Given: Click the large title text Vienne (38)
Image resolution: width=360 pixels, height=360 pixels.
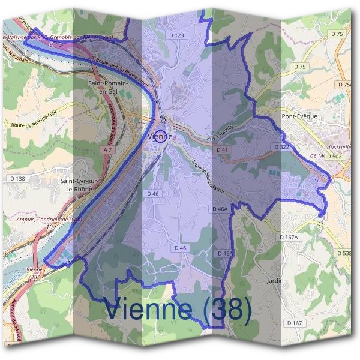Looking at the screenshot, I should click(x=177, y=310).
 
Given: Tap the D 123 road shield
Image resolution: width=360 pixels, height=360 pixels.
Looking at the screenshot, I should click(x=177, y=36).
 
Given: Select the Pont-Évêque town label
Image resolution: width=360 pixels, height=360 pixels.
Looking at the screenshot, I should click(x=299, y=116).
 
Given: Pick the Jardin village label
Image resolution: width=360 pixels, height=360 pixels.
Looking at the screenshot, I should click(x=275, y=280).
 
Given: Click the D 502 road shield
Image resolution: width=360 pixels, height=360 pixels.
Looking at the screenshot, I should click(x=335, y=156).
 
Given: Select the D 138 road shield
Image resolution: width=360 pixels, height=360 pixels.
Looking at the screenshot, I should click(x=18, y=178).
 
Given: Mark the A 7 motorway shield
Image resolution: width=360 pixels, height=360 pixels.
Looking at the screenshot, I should click(x=108, y=149).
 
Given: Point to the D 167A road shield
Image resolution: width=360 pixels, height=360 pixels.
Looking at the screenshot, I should click(x=289, y=238).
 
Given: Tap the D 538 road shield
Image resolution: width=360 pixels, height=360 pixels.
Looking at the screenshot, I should click(x=345, y=253).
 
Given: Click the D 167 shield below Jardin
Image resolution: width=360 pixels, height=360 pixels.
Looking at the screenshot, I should click(x=294, y=323).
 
